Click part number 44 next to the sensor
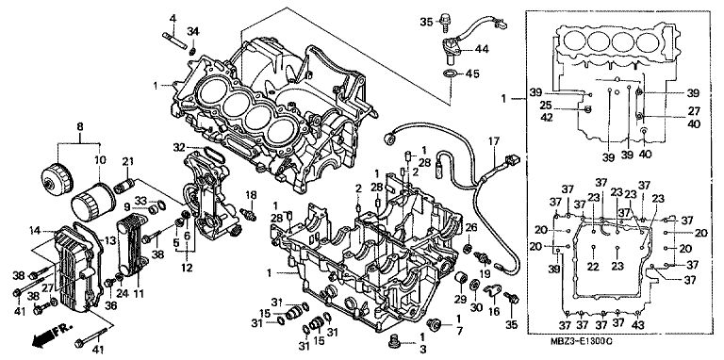(x=482, y=49)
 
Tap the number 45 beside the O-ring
(x=472, y=74)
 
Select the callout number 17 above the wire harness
(x=494, y=140)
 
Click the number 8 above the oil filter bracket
(x=80, y=126)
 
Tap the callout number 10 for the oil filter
(x=100, y=160)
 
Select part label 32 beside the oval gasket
(x=179, y=148)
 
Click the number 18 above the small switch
(x=251, y=195)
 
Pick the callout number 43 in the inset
(x=637, y=325)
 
